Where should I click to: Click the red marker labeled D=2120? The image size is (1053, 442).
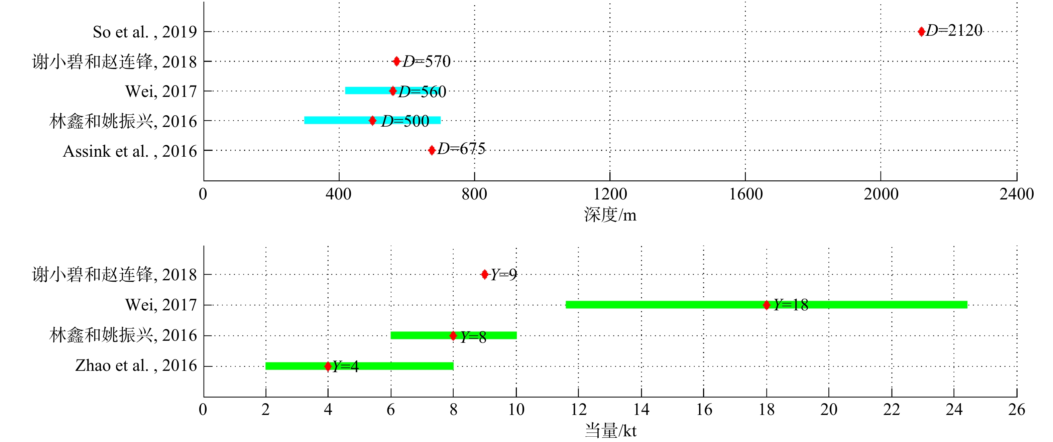(x=921, y=31)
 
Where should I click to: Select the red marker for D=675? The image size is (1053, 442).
(x=432, y=150)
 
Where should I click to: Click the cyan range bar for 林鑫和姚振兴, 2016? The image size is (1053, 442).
(x=335, y=120)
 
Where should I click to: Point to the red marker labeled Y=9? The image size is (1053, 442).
(x=484, y=275)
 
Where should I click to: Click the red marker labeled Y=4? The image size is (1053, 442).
(x=328, y=366)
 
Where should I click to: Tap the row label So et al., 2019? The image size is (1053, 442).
(x=145, y=32)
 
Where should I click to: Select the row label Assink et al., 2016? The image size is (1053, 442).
(x=130, y=151)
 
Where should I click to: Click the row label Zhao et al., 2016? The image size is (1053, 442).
(x=136, y=365)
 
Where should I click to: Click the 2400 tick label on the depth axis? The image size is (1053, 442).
(x=1016, y=194)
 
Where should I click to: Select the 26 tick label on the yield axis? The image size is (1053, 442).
(x=1016, y=409)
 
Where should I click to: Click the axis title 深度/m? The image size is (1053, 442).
(x=610, y=215)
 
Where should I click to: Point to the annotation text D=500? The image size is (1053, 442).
(x=405, y=121)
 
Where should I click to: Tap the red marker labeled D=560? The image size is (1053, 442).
(x=393, y=91)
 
